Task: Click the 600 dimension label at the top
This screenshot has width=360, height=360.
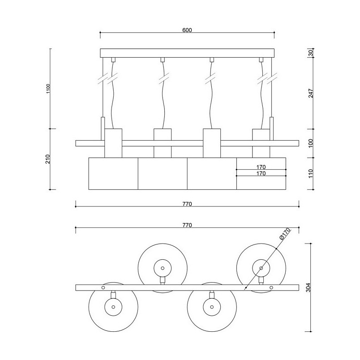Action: (187, 30)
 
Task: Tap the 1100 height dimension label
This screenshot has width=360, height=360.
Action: (48, 89)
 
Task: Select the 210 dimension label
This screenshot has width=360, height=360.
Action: (48, 159)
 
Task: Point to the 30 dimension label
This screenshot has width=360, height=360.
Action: (311, 53)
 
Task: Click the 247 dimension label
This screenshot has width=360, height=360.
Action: (311, 93)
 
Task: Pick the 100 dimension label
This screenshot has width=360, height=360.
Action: (311, 143)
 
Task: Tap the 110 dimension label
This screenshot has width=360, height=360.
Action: (311, 174)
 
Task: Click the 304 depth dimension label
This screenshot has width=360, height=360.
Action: (309, 287)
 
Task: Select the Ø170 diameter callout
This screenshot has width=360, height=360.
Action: (285, 235)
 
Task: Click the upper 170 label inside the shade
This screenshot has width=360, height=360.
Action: (261, 167)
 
